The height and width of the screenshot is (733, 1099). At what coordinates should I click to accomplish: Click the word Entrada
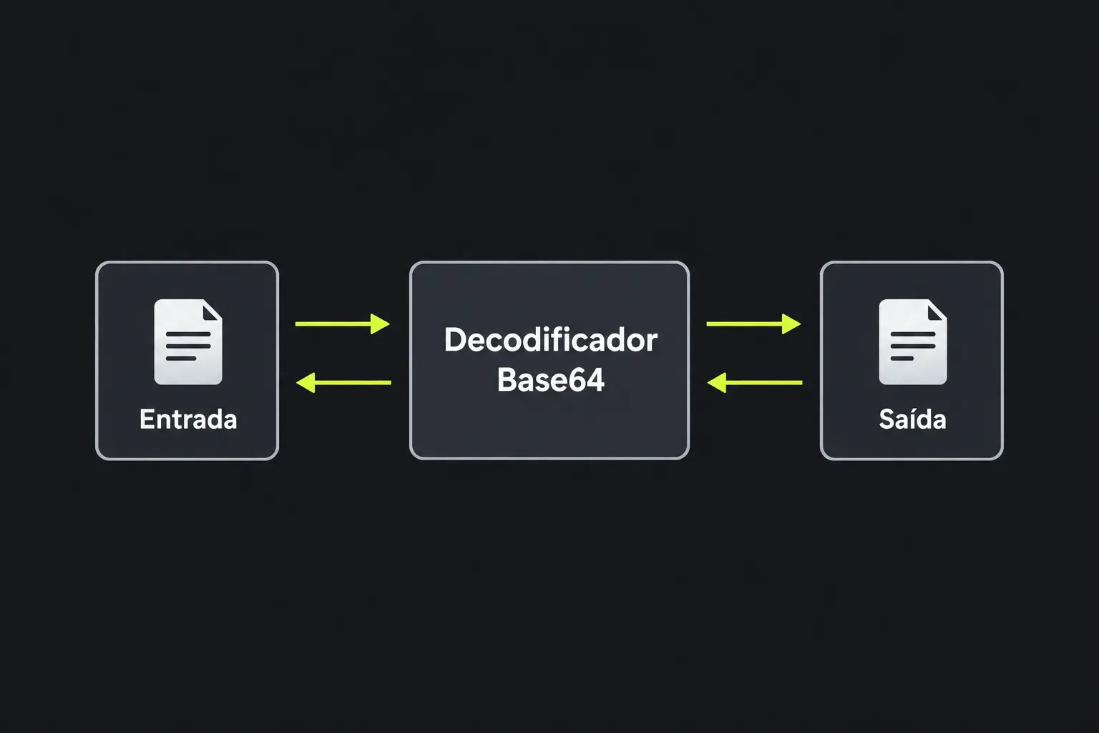click(188, 419)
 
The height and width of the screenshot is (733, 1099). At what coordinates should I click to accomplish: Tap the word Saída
click(912, 419)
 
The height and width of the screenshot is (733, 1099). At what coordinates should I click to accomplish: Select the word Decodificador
click(550, 340)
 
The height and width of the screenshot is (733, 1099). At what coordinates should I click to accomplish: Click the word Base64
click(550, 379)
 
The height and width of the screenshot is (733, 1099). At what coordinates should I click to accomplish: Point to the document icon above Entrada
click(188, 341)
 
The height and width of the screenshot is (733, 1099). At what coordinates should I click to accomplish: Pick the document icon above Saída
click(912, 341)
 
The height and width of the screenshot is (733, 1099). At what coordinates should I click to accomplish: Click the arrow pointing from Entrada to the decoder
click(343, 324)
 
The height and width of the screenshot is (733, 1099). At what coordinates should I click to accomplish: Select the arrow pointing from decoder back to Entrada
click(344, 382)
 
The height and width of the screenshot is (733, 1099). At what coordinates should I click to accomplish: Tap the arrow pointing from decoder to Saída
click(753, 324)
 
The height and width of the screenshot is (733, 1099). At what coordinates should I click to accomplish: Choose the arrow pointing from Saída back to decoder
click(755, 382)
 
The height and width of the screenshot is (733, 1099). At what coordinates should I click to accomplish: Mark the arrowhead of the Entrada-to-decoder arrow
click(380, 324)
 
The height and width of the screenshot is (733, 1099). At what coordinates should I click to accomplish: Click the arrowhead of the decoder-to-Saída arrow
click(791, 324)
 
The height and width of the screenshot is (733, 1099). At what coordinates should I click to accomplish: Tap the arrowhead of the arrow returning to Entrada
click(306, 382)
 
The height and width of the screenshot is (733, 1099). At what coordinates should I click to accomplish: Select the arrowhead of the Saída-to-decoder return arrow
click(717, 382)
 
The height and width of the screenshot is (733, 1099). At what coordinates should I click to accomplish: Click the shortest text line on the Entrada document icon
click(181, 359)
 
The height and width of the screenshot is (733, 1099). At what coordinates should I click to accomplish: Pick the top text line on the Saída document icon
click(912, 334)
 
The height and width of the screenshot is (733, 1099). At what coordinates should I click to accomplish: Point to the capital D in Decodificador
click(454, 340)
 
